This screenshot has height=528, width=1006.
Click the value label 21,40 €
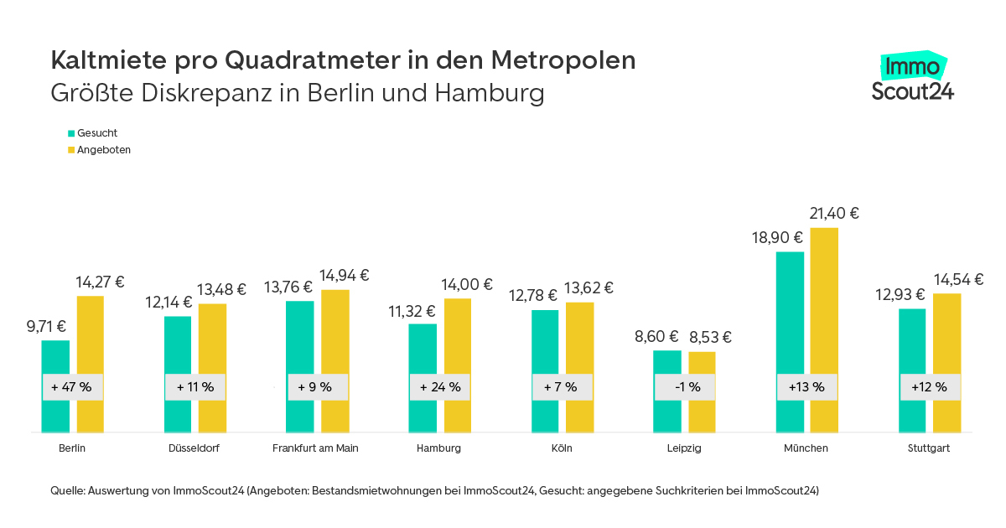pos(834,214)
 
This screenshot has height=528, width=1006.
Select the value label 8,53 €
pos(710,338)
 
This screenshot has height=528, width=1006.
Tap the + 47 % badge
pos(72,387)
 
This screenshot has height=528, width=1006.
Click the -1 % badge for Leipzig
pos(685,387)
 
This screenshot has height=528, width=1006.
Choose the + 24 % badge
pos(440,387)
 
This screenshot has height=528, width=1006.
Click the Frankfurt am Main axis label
pos(315,448)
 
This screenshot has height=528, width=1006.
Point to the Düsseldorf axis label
pos(194,448)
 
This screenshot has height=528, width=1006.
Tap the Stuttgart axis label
pos(929,448)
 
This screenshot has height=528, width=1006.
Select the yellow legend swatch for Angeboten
pos(71,150)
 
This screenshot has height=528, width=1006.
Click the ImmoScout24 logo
pos(912,77)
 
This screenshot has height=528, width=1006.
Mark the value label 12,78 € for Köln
pos(532,295)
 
